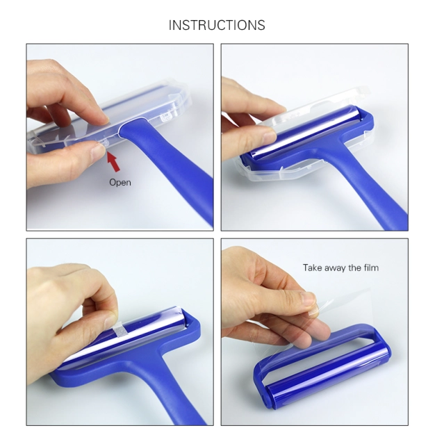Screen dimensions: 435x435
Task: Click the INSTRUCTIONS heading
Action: click(x=217, y=25)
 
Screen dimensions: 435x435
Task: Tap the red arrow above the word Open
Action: click(x=113, y=161)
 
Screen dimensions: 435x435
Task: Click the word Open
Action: click(x=120, y=182)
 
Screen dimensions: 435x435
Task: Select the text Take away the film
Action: click(x=340, y=268)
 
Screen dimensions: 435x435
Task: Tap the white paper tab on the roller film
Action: click(x=120, y=329)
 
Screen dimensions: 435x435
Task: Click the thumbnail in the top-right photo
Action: click(x=268, y=137)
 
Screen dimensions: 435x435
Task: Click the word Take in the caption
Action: click(x=313, y=268)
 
